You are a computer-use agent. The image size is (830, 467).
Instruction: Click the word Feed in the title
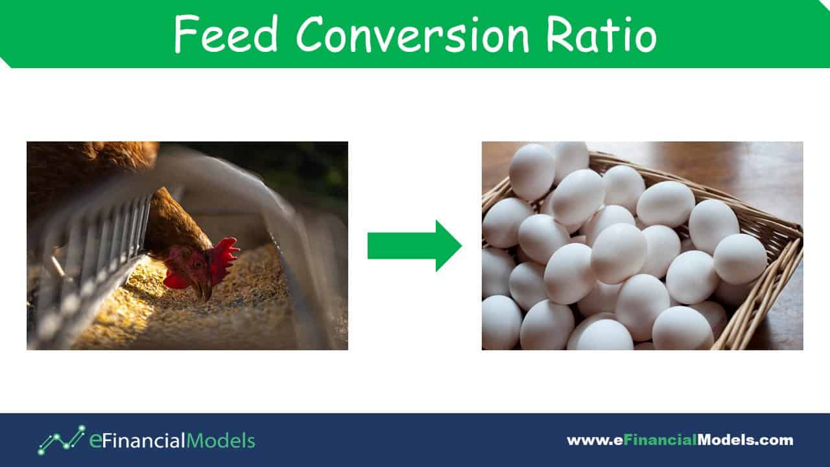point(226,34)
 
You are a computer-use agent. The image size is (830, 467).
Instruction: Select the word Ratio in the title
point(602,34)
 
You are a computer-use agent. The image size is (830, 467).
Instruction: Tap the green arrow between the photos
point(414,246)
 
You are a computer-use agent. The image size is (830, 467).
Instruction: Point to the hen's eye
point(197,265)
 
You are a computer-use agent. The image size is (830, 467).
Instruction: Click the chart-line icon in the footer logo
point(61,440)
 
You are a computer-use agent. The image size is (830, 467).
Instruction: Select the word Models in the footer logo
point(221,440)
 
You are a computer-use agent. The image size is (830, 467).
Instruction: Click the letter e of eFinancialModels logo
point(95,440)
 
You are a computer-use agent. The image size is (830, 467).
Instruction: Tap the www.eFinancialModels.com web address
point(680,440)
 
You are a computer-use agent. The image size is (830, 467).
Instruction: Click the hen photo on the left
point(187,246)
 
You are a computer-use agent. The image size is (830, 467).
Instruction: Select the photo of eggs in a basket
point(643,246)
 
